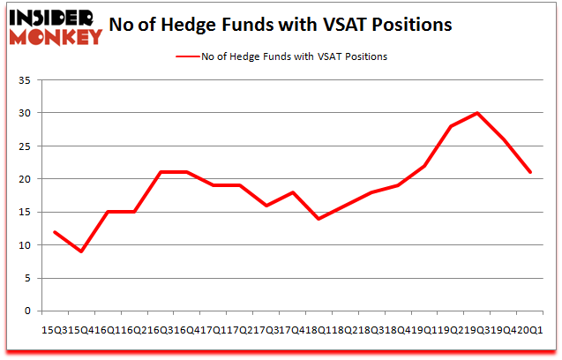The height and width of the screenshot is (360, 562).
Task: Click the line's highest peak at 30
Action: (477, 113)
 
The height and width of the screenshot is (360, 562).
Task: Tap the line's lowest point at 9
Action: (81, 251)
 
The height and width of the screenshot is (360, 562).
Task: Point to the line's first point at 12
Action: (56, 232)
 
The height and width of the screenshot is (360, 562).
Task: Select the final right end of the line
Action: (529, 172)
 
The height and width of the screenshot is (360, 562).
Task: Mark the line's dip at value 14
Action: (318, 219)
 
